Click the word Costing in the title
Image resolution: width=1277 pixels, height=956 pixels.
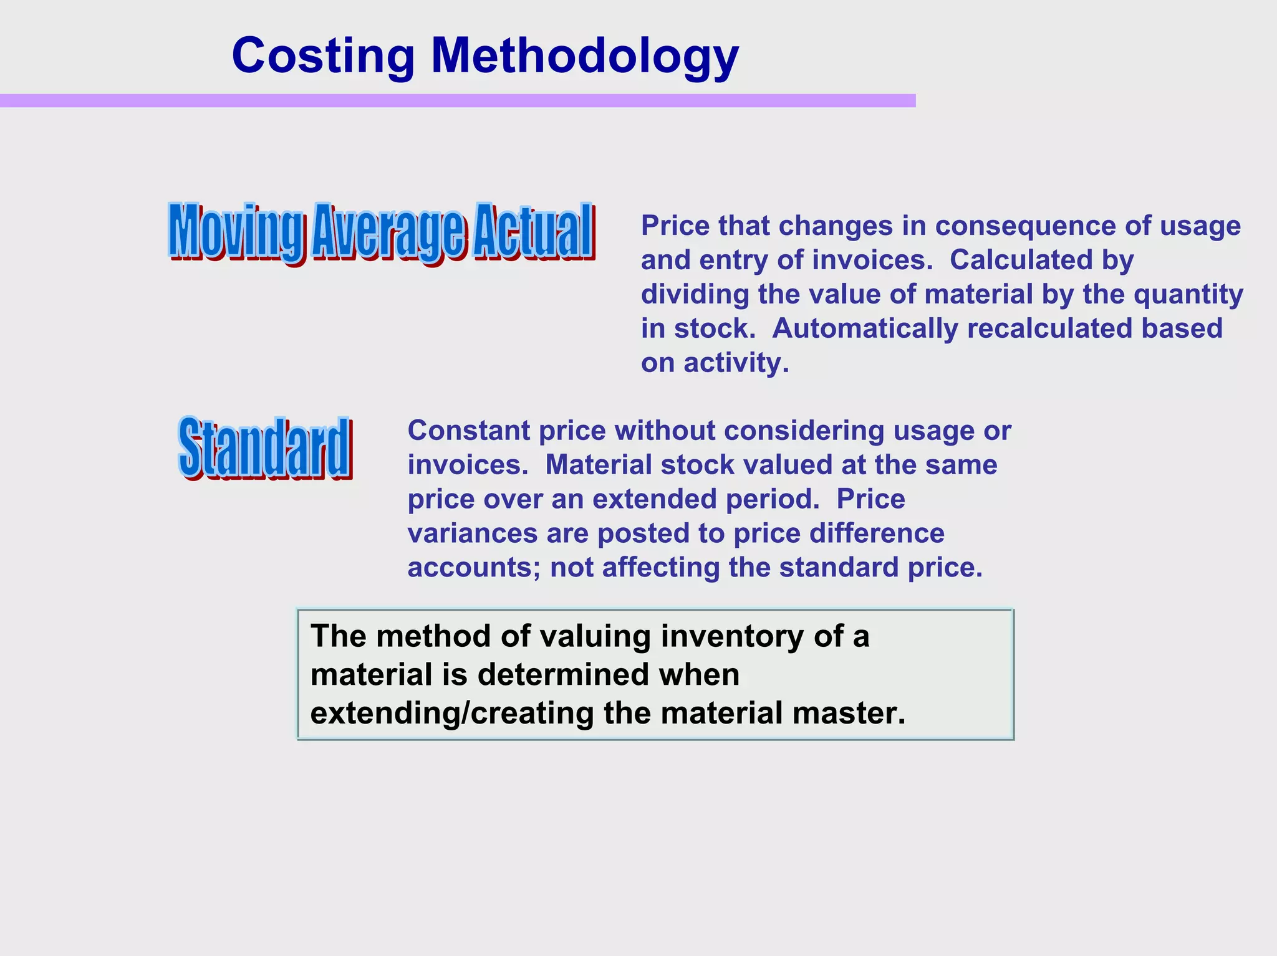click(x=323, y=56)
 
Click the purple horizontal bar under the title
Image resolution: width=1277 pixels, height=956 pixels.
click(x=457, y=101)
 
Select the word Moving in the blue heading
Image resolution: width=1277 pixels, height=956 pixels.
click(x=237, y=231)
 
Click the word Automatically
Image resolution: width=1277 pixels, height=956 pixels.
click(x=865, y=328)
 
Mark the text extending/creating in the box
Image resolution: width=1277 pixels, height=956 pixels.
click(x=452, y=714)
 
